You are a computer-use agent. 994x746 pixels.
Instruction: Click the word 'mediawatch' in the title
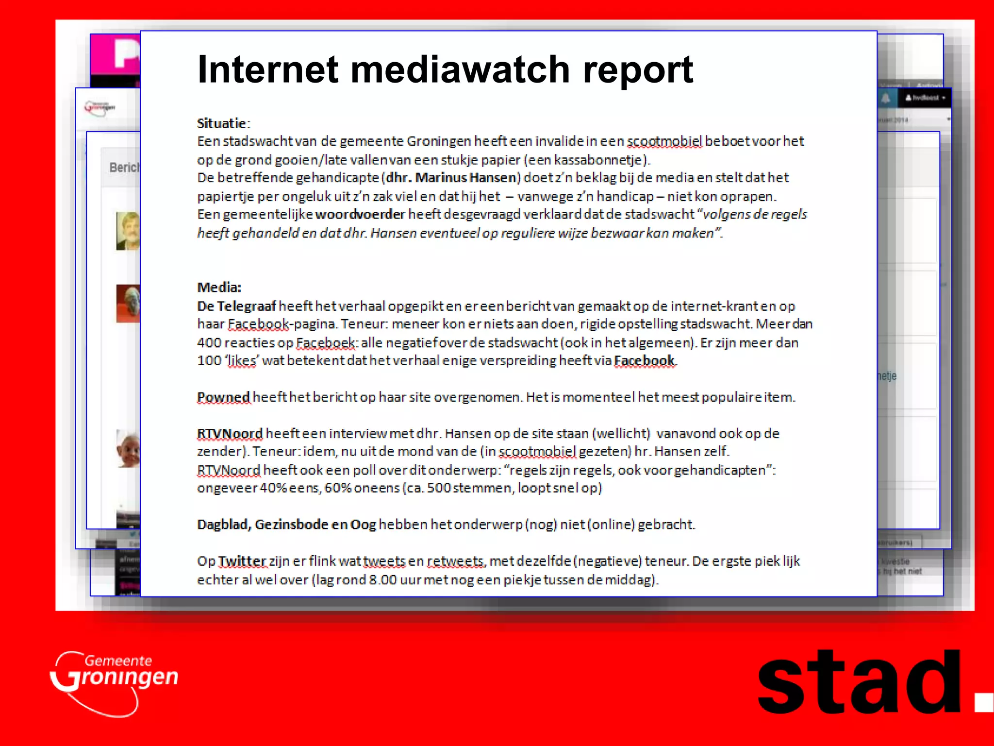tap(460, 69)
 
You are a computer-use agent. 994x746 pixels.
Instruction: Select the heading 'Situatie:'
tap(223, 123)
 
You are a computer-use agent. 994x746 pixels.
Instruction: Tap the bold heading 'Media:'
tap(219, 288)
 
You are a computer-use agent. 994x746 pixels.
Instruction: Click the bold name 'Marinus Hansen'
tap(465, 178)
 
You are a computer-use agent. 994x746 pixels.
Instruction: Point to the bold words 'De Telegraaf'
tap(236, 306)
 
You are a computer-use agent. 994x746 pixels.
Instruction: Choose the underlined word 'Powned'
tap(223, 397)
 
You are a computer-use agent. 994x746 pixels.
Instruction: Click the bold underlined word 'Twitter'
tap(242, 561)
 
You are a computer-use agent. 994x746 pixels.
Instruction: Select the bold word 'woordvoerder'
tap(360, 214)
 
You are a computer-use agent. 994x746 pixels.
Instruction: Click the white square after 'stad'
tap(983, 703)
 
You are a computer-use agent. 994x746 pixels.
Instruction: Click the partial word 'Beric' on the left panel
tap(124, 168)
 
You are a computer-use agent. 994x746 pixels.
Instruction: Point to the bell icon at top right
tap(886, 98)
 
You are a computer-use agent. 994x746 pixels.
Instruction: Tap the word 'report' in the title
tap(638, 69)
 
